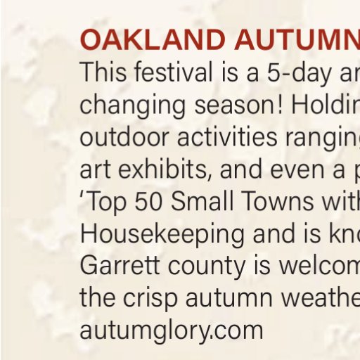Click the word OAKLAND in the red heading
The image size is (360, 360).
(153, 39)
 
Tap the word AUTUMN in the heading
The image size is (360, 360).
(297, 39)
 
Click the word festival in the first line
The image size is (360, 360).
(174, 71)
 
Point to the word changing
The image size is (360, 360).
(133, 106)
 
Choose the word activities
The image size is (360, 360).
(227, 136)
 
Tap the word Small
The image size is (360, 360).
(202, 201)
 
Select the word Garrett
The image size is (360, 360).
(120, 265)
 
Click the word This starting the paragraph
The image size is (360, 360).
(103, 71)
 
